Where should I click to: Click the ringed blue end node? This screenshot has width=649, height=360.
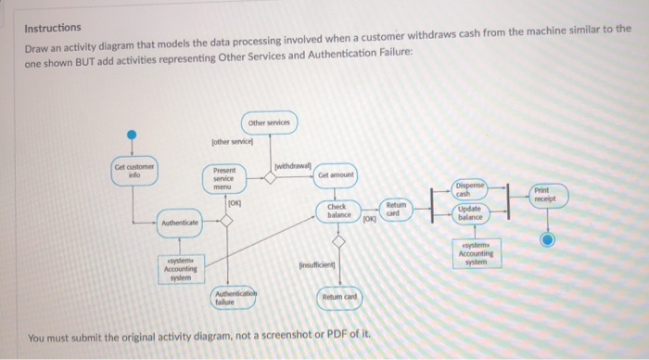tap(549, 238)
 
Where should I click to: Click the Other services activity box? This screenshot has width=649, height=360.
tap(269, 123)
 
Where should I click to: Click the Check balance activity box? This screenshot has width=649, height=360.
tap(338, 211)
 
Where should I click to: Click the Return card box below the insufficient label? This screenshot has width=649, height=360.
tap(340, 297)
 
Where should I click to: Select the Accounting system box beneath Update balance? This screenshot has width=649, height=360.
tap(476, 254)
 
